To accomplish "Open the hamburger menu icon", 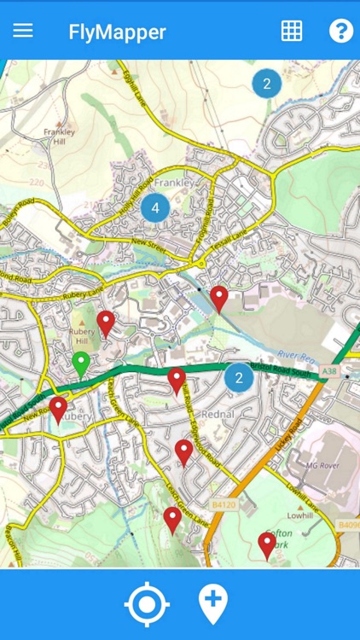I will (23, 31).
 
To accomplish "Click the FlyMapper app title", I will (117, 32).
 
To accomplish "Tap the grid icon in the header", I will (292, 31).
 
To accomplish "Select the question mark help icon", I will (340, 31).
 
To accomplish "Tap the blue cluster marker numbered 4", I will (154, 207).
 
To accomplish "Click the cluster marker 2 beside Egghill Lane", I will (267, 84).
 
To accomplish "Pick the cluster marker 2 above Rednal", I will (239, 377).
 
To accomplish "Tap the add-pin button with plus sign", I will (212, 603).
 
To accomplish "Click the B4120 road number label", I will (223, 505).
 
